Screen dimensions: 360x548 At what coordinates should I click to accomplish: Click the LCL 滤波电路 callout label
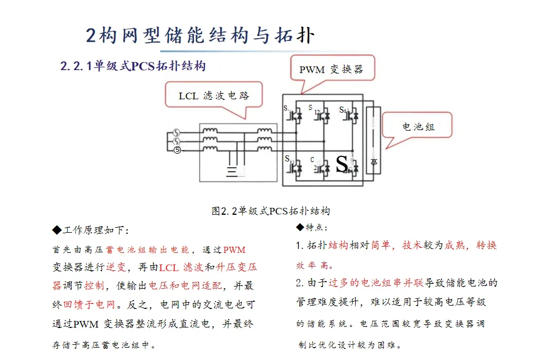pos(214,95)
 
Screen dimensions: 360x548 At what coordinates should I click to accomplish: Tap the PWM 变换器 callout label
pos(331,70)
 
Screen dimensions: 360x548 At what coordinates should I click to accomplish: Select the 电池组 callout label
pos(418,127)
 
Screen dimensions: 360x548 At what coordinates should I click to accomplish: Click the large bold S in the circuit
pos(341,164)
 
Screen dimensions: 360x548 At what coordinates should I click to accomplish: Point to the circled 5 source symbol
pos(177,150)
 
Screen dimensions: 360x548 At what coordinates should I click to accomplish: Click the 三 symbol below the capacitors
pos(232,171)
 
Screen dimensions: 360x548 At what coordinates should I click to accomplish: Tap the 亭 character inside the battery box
pos(374,163)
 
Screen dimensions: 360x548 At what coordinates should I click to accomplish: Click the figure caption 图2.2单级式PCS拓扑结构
pos(271,211)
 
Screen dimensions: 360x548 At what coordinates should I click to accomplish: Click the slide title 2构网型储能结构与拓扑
pos(200,35)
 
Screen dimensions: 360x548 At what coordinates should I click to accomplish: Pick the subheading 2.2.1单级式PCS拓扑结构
pos(133,66)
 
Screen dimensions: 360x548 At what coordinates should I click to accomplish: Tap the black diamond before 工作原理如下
pos(56,230)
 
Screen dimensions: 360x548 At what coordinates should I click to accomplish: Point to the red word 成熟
pos(456,246)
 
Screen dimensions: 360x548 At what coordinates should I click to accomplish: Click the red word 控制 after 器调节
pos(94,286)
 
